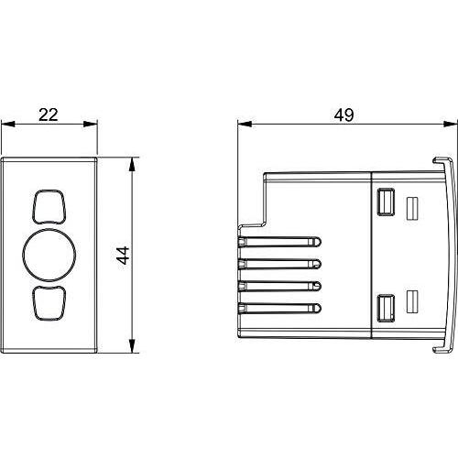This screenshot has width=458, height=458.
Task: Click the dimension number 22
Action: [x=49, y=114]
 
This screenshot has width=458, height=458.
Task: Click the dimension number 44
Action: [x=123, y=256]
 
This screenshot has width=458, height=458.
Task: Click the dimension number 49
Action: [x=343, y=115]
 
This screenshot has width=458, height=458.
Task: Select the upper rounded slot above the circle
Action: [x=49, y=207]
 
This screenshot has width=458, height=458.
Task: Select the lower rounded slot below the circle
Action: [x=49, y=303]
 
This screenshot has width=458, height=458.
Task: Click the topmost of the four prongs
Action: [x=279, y=242]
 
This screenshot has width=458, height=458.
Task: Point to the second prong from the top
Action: [x=279, y=264]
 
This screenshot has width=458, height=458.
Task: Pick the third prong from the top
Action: [x=279, y=286]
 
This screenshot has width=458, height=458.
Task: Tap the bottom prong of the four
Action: [x=279, y=308]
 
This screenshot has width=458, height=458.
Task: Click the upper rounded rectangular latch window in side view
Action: [x=386, y=202]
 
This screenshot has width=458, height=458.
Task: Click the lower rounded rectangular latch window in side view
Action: [x=386, y=308]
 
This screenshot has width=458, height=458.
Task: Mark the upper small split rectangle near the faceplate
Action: [x=412, y=209]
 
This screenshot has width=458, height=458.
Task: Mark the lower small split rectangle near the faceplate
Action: [x=412, y=301]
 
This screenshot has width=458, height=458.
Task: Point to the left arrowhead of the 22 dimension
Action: [x=8, y=124]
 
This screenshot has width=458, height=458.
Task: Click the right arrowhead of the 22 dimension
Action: [x=91, y=124]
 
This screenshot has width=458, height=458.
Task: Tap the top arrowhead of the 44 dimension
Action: [x=132, y=164]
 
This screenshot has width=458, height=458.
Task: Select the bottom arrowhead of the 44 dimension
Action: [x=132, y=345]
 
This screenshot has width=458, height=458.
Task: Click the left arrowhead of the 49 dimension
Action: [x=245, y=124]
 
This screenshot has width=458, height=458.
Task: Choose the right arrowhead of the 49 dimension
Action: [x=451, y=124]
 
